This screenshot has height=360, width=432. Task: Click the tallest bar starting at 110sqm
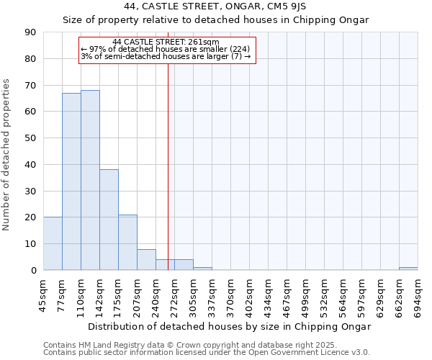click(x=90, y=180)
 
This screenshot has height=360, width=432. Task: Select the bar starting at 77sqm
click(x=71, y=181)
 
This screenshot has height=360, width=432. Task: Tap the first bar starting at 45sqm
click(x=53, y=243)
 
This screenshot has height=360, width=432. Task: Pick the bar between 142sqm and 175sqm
click(x=109, y=220)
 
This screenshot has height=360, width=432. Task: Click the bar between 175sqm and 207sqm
click(x=127, y=243)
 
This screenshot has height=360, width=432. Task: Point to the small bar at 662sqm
click(x=408, y=269)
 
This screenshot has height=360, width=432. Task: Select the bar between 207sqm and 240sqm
click(x=146, y=260)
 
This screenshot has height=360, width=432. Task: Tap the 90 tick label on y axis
click(x=30, y=32)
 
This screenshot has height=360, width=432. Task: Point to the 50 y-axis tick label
click(x=30, y=138)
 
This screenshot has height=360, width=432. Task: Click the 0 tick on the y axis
click(x=33, y=270)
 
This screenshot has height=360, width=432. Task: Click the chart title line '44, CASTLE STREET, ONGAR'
click(x=215, y=6)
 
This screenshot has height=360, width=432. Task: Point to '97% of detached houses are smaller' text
click(x=166, y=49)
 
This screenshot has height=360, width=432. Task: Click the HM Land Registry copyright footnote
click(x=190, y=345)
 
